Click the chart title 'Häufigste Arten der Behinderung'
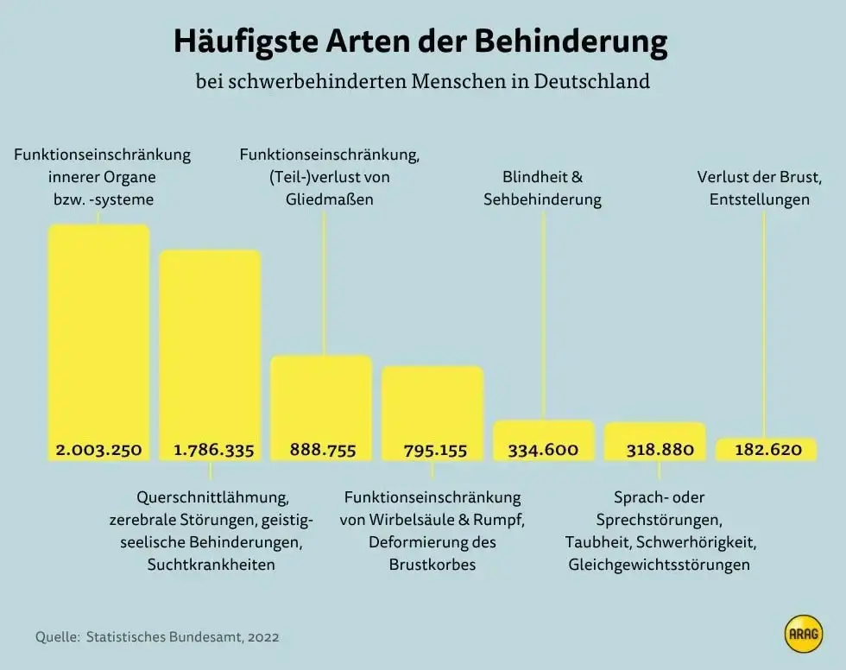421,41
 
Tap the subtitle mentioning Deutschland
422,82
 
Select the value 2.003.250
98,450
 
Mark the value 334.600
543,450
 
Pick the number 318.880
655,450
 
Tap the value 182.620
767,450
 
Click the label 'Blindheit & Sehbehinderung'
543,188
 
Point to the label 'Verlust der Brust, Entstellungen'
760,188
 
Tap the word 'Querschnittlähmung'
211,497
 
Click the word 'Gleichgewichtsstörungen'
660,566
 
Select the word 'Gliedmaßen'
329,199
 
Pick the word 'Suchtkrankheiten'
211,566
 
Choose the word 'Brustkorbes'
432,566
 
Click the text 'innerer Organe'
102,177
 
